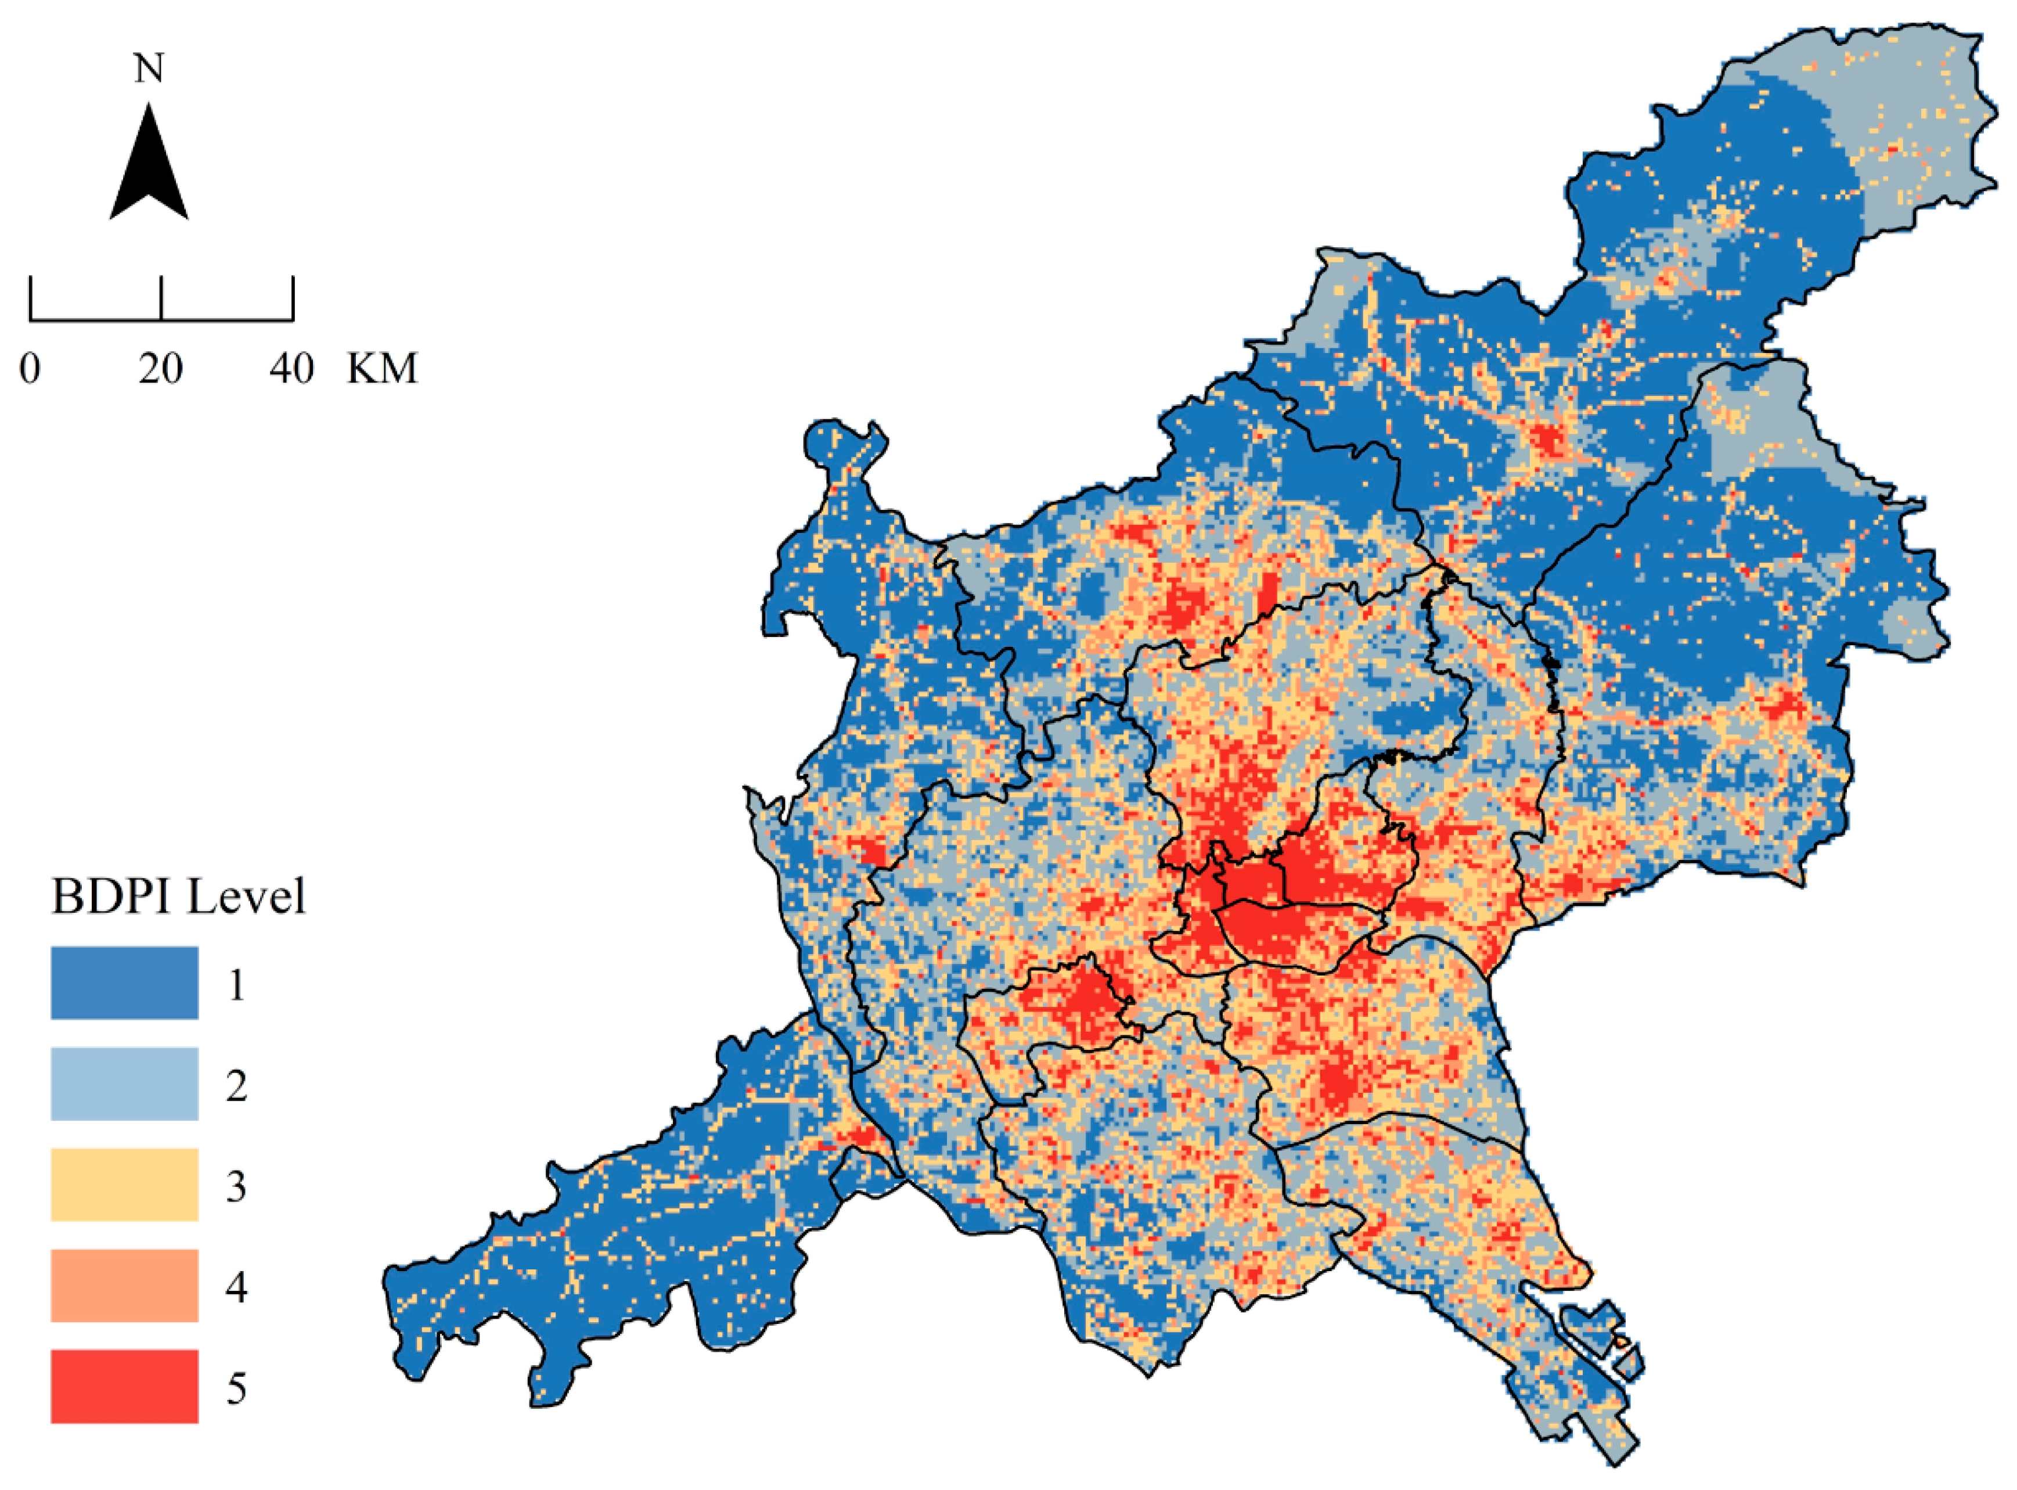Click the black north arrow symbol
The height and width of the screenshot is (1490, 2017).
149,166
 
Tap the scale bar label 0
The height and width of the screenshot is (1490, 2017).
30,369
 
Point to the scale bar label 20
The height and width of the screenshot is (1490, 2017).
160,369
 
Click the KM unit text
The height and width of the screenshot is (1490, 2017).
382,369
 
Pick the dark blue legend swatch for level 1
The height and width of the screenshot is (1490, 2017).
124,982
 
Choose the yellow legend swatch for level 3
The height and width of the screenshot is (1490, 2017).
124,1184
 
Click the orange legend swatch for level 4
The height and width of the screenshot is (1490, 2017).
124,1285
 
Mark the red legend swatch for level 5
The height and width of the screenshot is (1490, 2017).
124,1386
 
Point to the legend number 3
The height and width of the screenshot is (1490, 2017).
236,1187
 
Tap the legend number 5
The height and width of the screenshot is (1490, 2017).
236,1389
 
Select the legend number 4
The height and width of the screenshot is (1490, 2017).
236,1288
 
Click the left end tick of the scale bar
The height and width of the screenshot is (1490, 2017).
31,298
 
